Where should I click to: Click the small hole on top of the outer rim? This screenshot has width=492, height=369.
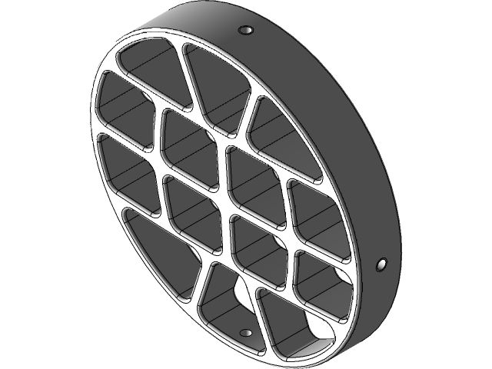(x=246, y=29)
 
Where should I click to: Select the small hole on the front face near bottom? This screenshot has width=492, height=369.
(x=246, y=333)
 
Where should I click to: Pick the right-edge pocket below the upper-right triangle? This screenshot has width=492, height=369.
(x=315, y=211)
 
